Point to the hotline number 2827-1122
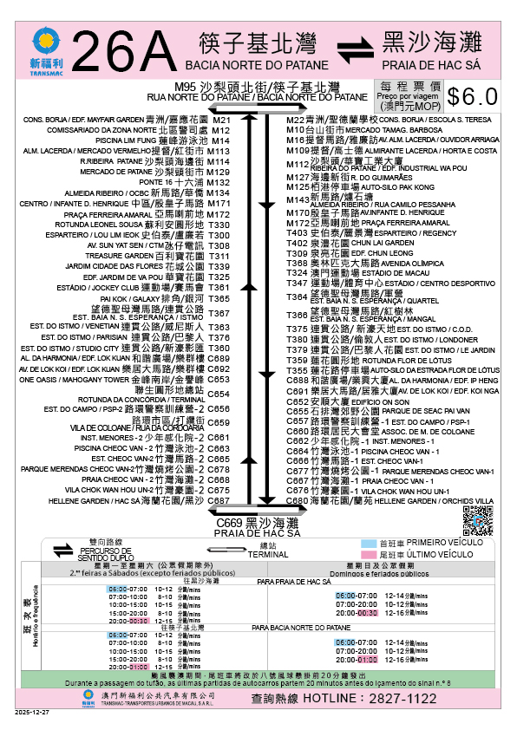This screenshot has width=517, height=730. point(417,697)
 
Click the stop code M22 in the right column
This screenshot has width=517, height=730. point(296,120)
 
